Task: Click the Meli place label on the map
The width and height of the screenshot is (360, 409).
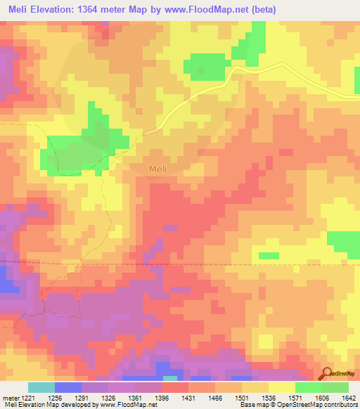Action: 157,169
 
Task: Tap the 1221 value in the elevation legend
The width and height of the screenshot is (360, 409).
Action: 22,397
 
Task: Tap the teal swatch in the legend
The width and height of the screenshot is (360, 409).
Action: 41,387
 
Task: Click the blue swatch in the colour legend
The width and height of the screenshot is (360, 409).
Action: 68,387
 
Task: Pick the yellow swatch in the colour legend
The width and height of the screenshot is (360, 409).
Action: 281,387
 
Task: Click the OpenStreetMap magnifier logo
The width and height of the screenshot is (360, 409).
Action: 326,375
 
